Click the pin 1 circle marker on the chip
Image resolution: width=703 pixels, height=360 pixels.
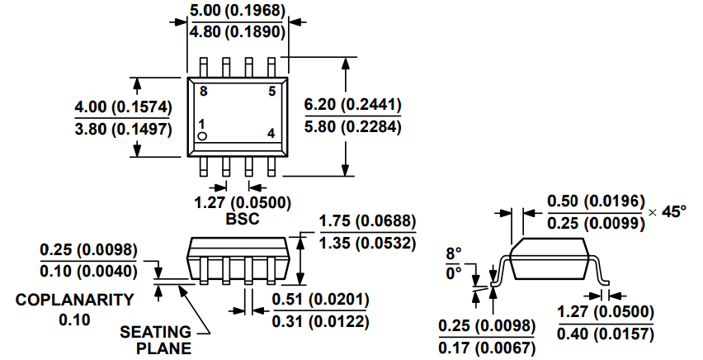pos(202,136)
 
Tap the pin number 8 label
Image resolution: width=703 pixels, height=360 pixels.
pos(204,92)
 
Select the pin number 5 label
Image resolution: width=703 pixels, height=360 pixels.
pos(272,92)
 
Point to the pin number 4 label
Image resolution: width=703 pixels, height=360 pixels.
pos(271,133)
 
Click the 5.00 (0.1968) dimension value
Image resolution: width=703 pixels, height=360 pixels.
pos(237,11)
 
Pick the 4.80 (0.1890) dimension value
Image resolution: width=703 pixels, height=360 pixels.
pos(237,32)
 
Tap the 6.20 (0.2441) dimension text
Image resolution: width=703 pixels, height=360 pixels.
pos(352,105)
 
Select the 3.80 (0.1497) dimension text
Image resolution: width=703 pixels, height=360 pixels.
pos(123,130)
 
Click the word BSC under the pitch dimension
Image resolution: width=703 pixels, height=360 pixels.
pos(242,219)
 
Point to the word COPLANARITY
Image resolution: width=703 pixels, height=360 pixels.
pos(74,300)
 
